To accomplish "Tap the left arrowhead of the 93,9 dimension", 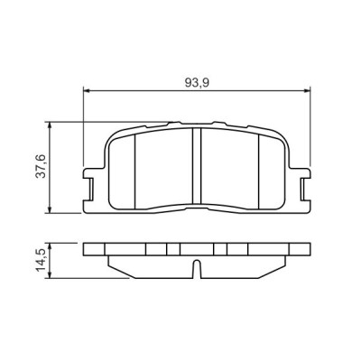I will point(88,90).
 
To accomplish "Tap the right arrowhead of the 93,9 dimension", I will point(308,90).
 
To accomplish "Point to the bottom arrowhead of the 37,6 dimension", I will point(50,210).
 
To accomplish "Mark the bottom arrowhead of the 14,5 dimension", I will point(50,275).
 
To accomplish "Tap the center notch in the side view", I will point(197,268).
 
